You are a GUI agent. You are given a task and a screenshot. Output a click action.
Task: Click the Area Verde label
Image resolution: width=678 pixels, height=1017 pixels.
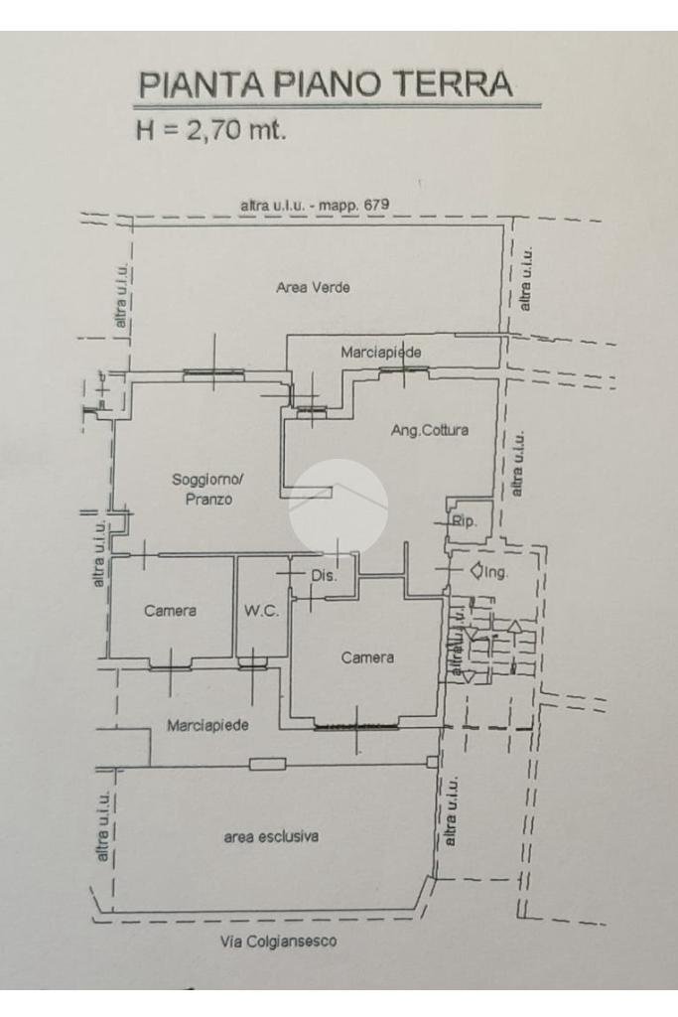(x=313, y=288)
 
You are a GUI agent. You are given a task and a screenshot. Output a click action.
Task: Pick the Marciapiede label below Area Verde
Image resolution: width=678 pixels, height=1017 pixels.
(x=381, y=353)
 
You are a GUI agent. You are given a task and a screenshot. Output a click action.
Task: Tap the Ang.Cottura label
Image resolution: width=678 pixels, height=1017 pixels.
(x=429, y=431)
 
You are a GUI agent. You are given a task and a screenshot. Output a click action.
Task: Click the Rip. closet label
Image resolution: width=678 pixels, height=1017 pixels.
(x=464, y=520)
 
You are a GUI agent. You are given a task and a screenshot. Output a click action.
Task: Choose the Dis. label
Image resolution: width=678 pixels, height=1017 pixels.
(x=325, y=575)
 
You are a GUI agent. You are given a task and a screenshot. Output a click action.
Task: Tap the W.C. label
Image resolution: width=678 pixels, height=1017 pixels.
(x=261, y=611)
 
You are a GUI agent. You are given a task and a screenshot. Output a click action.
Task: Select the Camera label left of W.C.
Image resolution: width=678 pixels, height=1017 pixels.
(x=170, y=611)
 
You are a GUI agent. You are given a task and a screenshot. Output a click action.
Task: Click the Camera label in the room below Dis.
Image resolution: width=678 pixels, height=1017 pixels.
(x=367, y=657)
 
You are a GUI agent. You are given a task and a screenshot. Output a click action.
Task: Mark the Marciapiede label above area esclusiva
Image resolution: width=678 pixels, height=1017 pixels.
(x=207, y=725)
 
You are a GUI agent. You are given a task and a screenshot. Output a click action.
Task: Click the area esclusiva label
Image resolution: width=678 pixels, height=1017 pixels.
(x=271, y=836)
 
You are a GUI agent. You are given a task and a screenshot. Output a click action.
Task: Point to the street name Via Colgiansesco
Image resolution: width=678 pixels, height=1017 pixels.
(x=277, y=943)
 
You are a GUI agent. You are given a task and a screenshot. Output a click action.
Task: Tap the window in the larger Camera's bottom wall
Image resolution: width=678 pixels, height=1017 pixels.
(x=356, y=727)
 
